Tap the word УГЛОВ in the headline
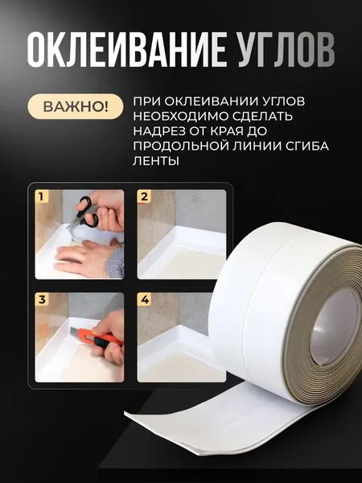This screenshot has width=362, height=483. coord(285,48)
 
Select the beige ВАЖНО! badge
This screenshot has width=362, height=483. coord(76,106)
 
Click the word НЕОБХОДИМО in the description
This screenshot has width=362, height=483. coord(179,116)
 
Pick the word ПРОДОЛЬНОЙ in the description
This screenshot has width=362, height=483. coord(179,146)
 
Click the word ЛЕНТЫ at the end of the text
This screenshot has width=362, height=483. coord(156,160)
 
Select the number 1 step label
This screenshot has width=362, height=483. coord(42,196)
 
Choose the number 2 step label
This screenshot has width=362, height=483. coord(144,196)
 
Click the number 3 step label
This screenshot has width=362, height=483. coord(42,299)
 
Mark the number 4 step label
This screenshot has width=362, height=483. coord(144,299)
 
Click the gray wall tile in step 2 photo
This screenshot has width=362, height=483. coord(200,208)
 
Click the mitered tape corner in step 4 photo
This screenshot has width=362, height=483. coord(179,333)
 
